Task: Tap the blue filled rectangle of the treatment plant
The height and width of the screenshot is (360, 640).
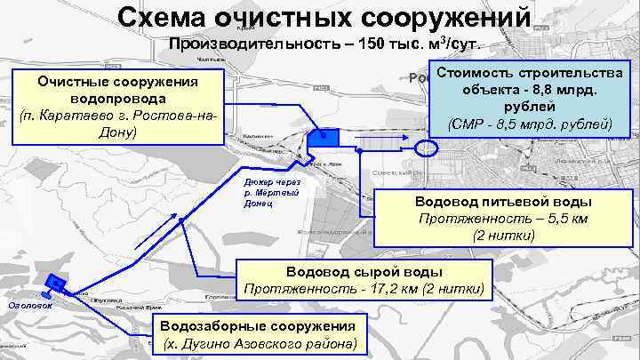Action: pyautogui.click(x=324, y=136)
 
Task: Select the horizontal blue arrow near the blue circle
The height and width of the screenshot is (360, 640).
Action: pyautogui.click(x=382, y=144)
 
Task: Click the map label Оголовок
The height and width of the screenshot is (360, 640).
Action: pyautogui.click(x=30, y=306)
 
